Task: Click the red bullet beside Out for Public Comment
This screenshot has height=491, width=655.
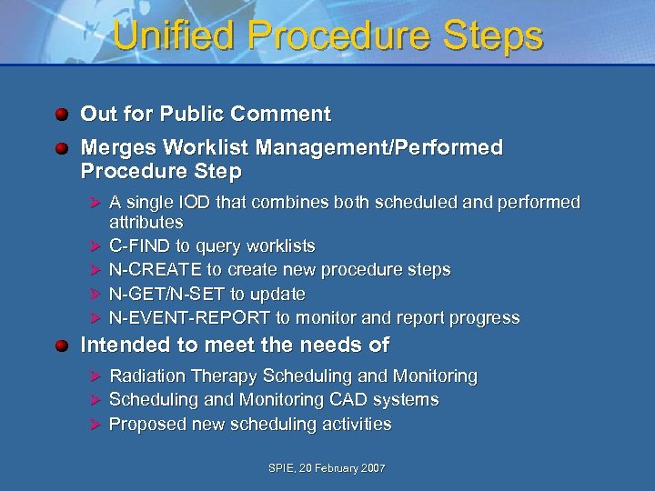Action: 61,115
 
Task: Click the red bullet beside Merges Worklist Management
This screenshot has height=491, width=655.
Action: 61,148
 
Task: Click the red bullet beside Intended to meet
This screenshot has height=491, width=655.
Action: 61,346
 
